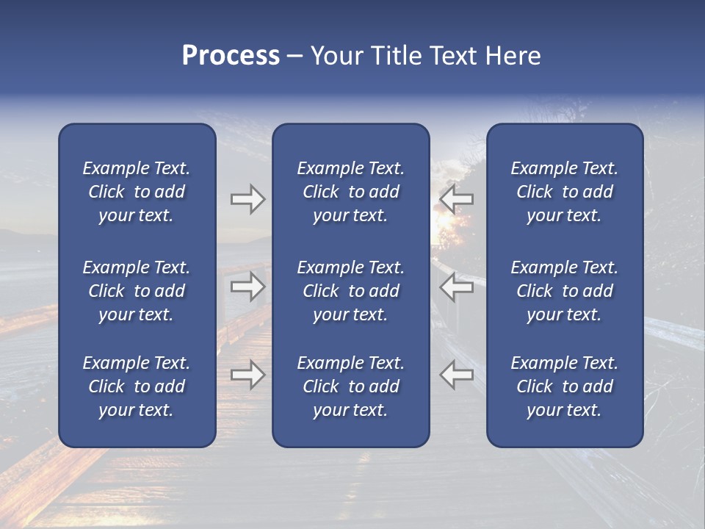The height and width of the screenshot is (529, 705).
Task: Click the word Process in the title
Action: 231,56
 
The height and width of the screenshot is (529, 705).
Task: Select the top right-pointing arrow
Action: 247,199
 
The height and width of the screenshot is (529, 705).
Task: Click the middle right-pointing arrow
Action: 247,287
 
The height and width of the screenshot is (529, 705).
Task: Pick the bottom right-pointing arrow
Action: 247,375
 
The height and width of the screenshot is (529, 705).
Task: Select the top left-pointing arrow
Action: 457,199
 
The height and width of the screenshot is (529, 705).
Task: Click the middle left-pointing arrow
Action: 457,287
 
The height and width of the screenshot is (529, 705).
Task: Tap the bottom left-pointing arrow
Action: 457,375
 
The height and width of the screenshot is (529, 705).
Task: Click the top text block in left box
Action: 137,192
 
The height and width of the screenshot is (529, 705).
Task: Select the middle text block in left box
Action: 137,291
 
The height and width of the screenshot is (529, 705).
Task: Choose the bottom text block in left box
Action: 137,386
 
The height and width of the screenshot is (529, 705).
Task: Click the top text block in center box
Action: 350,192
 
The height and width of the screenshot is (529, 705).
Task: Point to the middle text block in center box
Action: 350,291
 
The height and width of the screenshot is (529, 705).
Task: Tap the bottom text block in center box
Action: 350,386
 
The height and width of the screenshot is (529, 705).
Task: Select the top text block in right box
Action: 564,192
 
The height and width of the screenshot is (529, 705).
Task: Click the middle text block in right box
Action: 564,291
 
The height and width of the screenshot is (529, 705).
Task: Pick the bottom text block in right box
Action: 564,386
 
